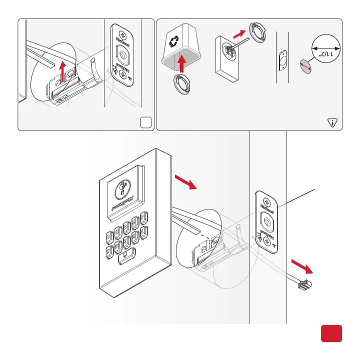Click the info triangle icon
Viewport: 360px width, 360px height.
333,121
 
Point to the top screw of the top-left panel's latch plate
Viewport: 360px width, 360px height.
121,31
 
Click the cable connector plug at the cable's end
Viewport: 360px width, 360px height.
304,286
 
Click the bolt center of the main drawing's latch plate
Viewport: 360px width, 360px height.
266,218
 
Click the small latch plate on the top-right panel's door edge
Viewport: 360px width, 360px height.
282,60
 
